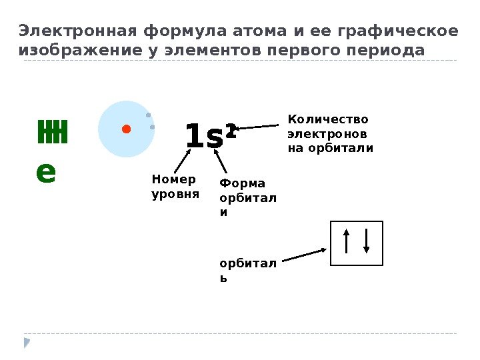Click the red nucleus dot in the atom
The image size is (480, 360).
coord(125,129)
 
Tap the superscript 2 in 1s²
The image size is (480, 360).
coord(231,129)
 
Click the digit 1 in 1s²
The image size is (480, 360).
coord(193,137)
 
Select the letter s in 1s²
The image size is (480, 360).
coord(215,138)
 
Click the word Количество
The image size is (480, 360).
coord(327,120)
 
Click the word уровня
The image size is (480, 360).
coord(175,195)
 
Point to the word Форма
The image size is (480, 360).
coord(242,183)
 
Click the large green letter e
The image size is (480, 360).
coord(46,171)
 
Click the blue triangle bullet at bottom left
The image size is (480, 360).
coord(27,343)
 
